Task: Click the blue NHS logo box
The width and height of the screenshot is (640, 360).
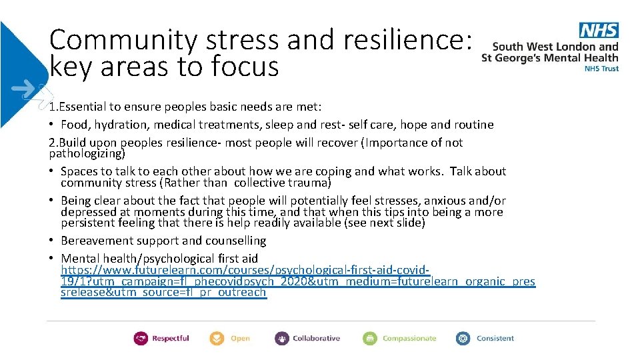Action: click(x=599, y=30)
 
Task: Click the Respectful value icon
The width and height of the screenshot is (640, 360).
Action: click(x=141, y=339)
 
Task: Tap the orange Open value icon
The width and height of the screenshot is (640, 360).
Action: click(x=217, y=339)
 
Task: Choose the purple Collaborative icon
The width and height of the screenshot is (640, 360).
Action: click(x=282, y=339)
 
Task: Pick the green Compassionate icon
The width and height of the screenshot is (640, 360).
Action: click(x=370, y=339)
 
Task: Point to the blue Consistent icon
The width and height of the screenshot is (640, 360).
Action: click(x=463, y=339)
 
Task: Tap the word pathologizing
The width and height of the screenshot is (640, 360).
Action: click(x=87, y=153)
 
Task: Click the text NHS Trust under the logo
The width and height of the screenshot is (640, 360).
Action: click(x=601, y=68)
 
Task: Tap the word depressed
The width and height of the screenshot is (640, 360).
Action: click(x=87, y=212)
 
